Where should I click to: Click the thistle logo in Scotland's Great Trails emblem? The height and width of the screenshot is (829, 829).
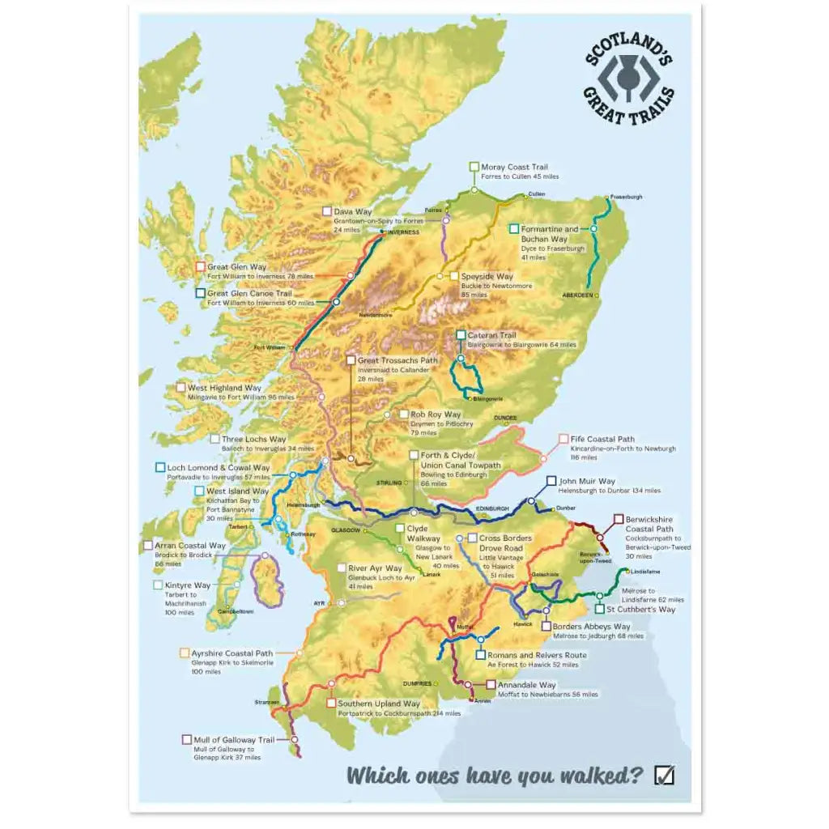point(628,79)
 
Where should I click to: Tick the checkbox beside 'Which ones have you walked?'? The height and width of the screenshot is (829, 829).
point(663,775)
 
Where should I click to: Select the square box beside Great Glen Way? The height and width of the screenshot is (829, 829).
point(200,266)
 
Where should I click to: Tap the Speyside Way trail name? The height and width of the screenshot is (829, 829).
point(487,276)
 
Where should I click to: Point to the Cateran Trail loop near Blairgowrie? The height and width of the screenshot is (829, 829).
point(465,378)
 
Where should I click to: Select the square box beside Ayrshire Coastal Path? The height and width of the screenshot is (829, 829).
point(184,652)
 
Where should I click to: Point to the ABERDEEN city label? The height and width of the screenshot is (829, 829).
point(578,295)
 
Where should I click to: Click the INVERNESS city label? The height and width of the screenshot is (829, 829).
point(403,232)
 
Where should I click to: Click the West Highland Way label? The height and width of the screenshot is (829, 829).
point(224,388)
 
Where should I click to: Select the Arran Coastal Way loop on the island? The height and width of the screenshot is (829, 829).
point(267,580)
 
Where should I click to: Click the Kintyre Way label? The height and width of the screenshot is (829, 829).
point(187,585)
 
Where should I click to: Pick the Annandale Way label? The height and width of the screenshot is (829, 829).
point(526,685)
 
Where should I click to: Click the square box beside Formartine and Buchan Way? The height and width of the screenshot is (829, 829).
point(514,229)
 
